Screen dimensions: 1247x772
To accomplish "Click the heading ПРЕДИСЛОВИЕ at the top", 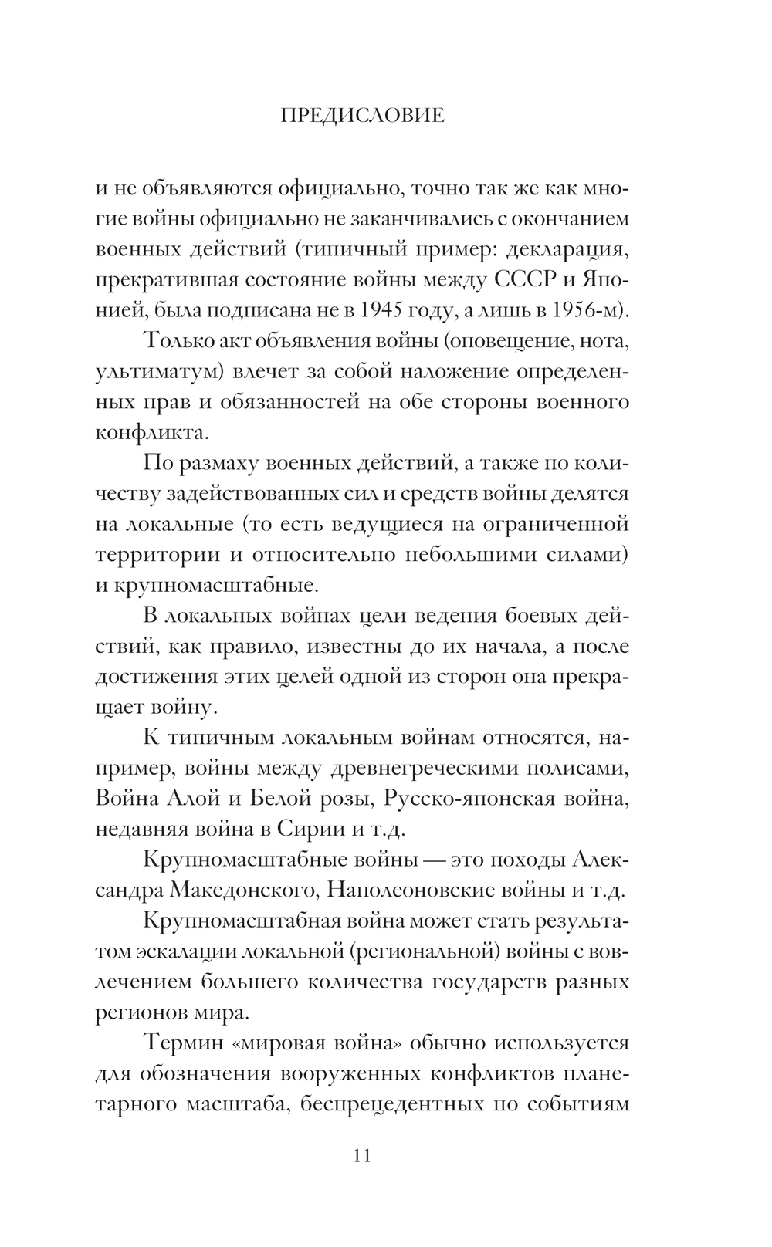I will (362, 116).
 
